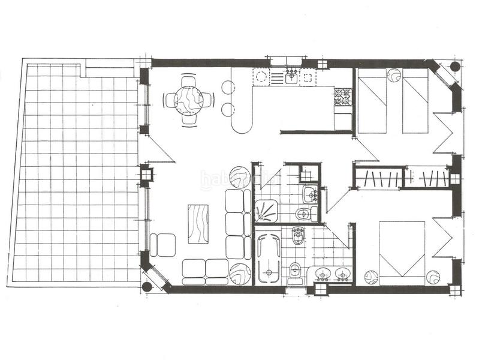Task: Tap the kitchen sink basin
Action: [x=291, y=77]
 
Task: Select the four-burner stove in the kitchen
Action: [x=343, y=96]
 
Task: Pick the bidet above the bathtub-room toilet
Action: [x=297, y=235]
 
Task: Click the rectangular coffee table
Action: [x=198, y=224]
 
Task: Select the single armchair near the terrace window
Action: [x=162, y=245]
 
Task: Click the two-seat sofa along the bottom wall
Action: [x=205, y=272]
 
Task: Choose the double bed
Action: [x=402, y=253]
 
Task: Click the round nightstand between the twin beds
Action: [x=394, y=75]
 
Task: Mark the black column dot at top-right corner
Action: [x=455, y=65]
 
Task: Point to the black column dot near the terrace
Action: [x=147, y=287]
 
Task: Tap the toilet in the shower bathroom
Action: [x=303, y=213]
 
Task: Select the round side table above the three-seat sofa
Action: [x=239, y=177]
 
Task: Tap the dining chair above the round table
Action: [x=188, y=80]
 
